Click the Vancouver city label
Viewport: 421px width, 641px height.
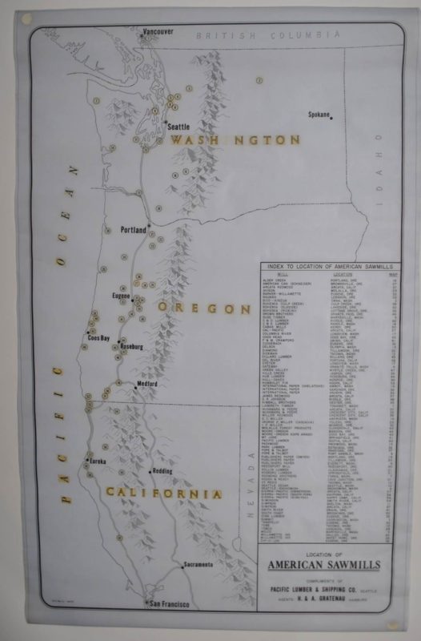(158, 31)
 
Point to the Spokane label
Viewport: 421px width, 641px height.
(319, 115)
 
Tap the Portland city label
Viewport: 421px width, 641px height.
(134, 230)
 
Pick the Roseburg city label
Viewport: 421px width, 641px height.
(131, 346)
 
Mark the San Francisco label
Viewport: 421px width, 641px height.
(166, 603)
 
